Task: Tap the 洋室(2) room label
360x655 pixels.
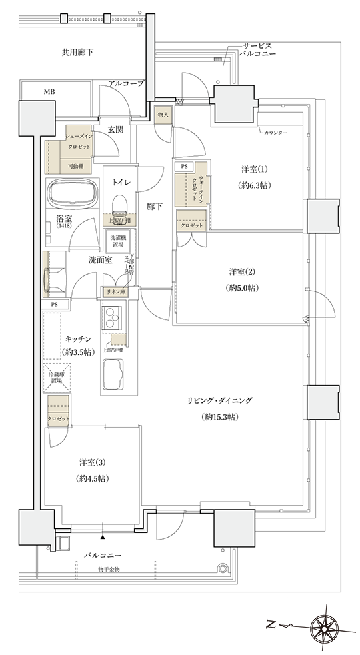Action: point(243,271)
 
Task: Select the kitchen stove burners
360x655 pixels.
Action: point(111,313)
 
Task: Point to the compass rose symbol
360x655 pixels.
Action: point(327,626)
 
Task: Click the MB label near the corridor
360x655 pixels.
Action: point(50,91)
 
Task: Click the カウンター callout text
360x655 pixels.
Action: point(275,133)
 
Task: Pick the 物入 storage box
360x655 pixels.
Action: point(163,115)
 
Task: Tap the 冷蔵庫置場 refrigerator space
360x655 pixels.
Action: point(55,376)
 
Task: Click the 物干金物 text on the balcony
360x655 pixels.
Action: point(108,569)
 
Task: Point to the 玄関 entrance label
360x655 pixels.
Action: point(115,129)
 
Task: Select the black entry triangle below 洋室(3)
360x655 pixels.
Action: point(103,536)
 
